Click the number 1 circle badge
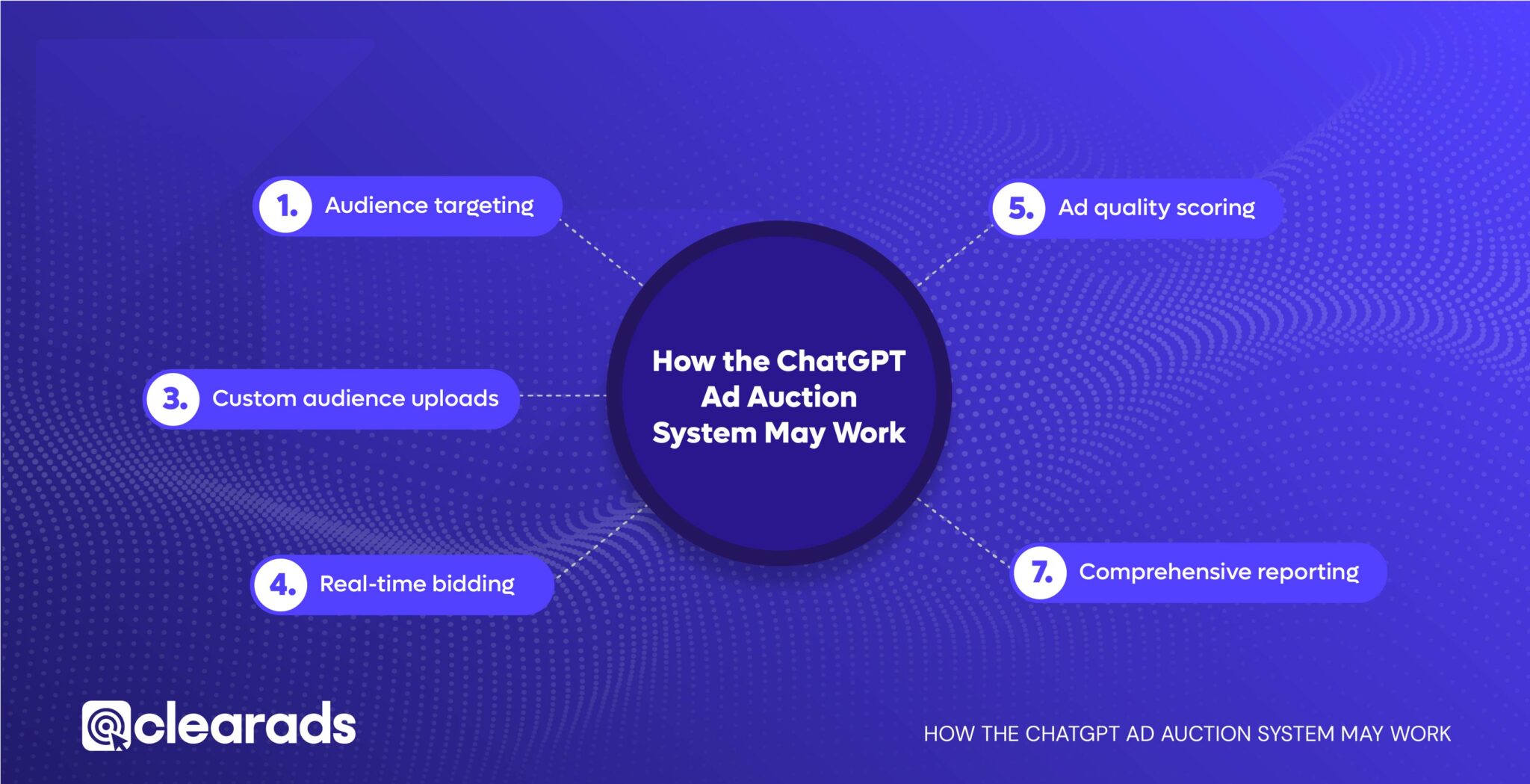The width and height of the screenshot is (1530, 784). [x=285, y=206]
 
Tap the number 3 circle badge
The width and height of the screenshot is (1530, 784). [x=173, y=399]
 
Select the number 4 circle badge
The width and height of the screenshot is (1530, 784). [x=281, y=584]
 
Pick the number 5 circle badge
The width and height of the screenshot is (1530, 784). [x=1019, y=209]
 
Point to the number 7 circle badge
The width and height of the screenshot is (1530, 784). [x=1040, y=572]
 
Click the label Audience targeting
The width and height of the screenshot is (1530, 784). [x=429, y=206]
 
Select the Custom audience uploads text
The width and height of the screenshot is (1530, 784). [x=355, y=398]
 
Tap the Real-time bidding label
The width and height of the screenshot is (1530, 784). [x=417, y=584]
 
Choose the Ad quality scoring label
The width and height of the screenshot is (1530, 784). [x=1156, y=208]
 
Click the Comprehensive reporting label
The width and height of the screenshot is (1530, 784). [x=1218, y=572]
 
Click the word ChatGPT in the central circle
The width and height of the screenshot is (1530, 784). [x=842, y=362]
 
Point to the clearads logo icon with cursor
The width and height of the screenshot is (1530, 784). [x=106, y=726]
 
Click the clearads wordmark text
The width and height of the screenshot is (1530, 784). [x=244, y=725]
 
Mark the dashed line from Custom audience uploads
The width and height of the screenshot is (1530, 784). [x=563, y=395]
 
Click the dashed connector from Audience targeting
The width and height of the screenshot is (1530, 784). [x=601, y=253]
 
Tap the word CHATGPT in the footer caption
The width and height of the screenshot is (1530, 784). [x=1073, y=734]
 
